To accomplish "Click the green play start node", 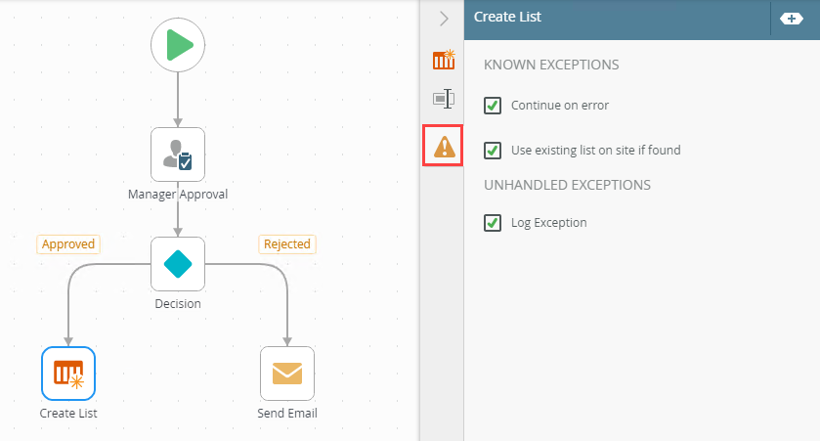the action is click(178, 45).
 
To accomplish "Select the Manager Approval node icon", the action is click(178, 154).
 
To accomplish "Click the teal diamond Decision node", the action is click(178, 264).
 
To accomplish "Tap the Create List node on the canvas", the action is click(68, 374).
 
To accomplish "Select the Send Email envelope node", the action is click(287, 374).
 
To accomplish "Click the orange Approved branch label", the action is click(68, 244).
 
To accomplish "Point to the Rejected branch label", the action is click(287, 244).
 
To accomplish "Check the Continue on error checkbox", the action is click(493, 106).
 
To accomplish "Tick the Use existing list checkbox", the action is click(493, 151).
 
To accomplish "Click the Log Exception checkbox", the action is click(493, 223).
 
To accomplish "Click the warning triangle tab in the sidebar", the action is click(443, 146).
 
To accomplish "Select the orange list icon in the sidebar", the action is click(444, 60).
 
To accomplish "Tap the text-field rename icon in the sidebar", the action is click(444, 99).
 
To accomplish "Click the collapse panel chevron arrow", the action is click(444, 19).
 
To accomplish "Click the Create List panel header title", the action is click(507, 17).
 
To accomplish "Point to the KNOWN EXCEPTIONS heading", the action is click(551, 65).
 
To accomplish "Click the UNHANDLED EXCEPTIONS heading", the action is click(567, 185).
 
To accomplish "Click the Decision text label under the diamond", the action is click(178, 303).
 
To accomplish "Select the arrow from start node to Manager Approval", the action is click(178, 100).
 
